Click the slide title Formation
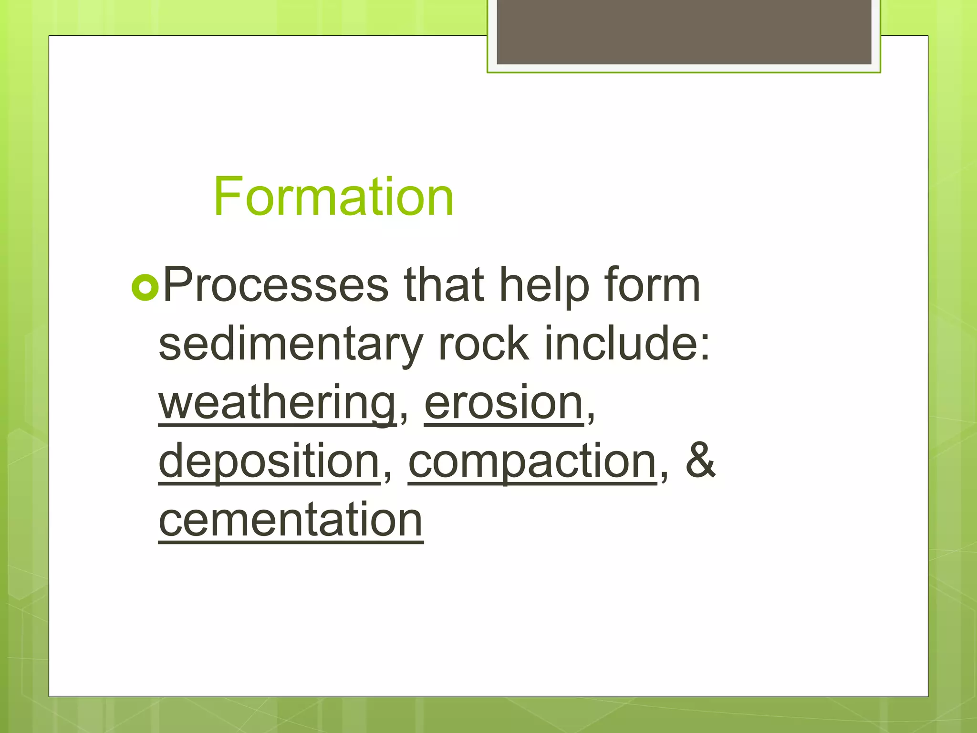tap(333, 197)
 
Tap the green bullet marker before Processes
tap(145, 287)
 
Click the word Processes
tap(276, 285)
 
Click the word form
tap(652, 285)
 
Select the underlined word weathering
tap(277, 404)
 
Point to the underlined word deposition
tap(269, 462)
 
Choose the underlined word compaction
tap(532, 462)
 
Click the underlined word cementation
tap(291, 520)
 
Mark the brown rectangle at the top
tap(684, 31)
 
